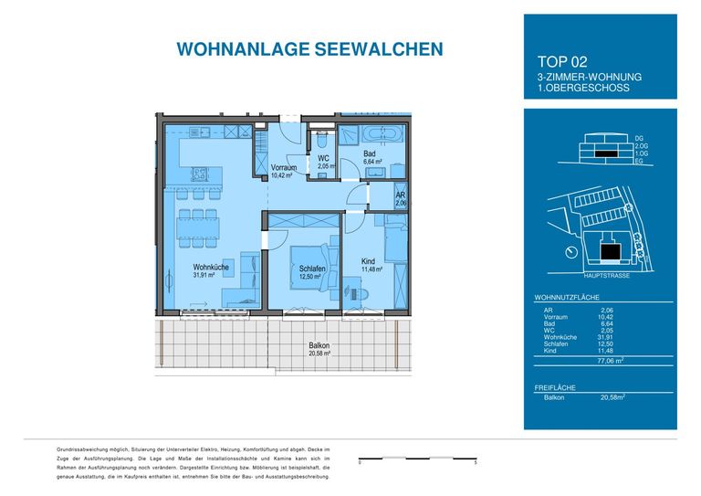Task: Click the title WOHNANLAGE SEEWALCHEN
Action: click(296, 48)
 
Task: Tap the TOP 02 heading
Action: click(559, 62)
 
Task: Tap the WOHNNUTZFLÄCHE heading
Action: click(567, 299)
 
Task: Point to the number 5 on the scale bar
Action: click(476, 464)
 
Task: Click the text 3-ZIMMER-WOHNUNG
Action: click(590, 78)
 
